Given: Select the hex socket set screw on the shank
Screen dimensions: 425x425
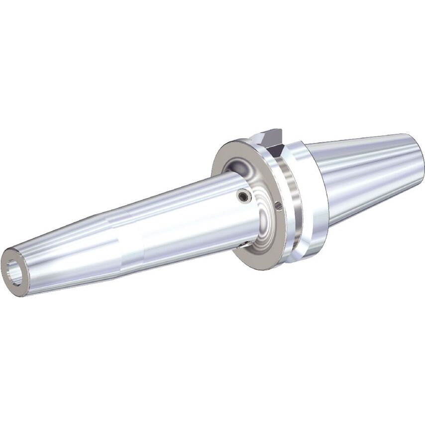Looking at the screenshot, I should pos(242,197).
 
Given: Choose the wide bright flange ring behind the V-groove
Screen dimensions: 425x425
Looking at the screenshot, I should pos(314,199).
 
